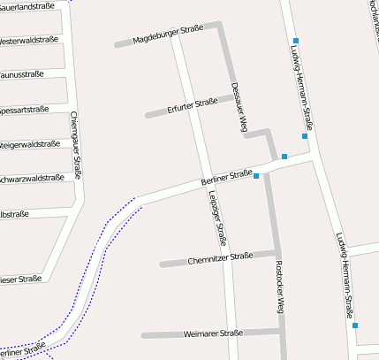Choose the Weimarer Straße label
[x=213, y=333]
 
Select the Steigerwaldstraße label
[x=30, y=144]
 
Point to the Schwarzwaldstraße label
[x=32, y=179]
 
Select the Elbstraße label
[x=15, y=214]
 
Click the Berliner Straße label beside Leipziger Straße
[x=227, y=177]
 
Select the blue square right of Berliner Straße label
[x=256, y=177]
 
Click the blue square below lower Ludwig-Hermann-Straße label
[x=355, y=326]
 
